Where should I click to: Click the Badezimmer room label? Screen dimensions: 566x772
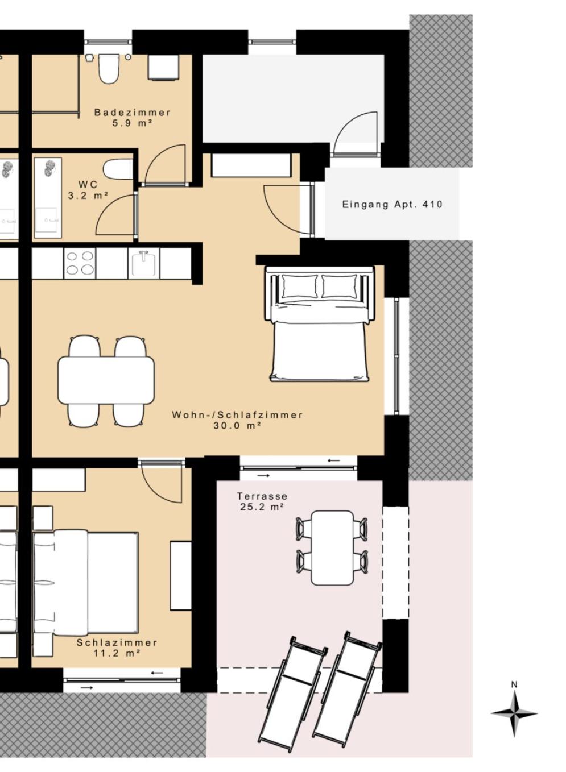(x=133, y=113)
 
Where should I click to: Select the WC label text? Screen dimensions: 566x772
(x=88, y=185)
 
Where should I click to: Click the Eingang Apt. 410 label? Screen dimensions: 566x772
(x=392, y=205)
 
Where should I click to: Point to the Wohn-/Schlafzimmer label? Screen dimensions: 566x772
(x=237, y=415)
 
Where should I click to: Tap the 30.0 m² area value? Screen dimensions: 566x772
(x=237, y=426)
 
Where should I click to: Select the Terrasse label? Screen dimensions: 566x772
(x=262, y=496)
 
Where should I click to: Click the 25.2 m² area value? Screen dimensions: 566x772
(x=262, y=507)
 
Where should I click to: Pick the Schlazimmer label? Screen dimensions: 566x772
(x=117, y=643)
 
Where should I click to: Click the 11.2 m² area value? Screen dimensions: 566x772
(x=117, y=653)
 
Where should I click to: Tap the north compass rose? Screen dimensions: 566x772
(x=514, y=701)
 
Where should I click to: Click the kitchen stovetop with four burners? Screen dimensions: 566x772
(x=80, y=263)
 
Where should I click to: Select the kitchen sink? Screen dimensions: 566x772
(x=144, y=263)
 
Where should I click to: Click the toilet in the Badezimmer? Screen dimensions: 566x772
(x=108, y=69)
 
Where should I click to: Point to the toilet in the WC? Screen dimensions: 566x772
(x=118, y=169)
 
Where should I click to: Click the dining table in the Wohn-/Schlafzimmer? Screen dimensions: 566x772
(x=106, y=380)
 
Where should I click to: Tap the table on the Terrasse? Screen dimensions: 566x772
(x=332, y=549)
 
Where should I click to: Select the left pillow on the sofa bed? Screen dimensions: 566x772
(x=300, y=286)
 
